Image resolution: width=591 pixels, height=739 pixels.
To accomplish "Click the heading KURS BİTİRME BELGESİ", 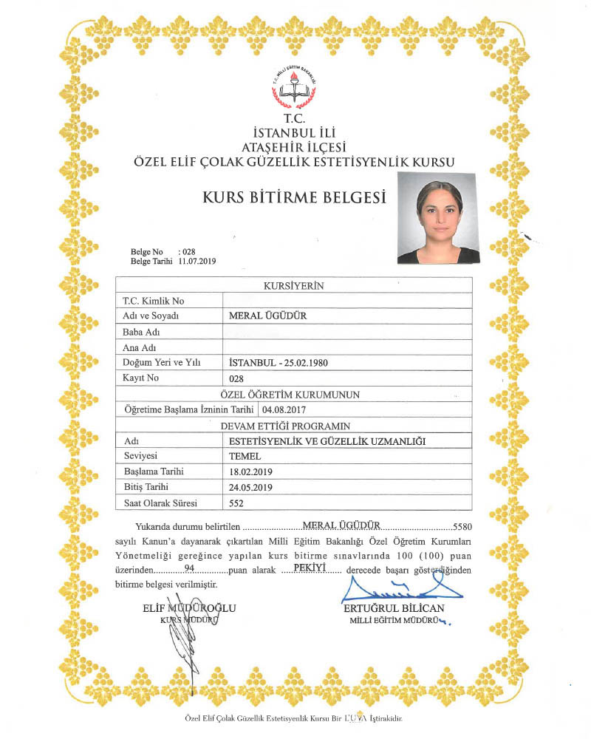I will (295, 197).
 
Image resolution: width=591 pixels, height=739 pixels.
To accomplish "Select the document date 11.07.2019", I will (196, 262).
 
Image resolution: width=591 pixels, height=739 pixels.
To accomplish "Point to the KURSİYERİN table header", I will (294, 285).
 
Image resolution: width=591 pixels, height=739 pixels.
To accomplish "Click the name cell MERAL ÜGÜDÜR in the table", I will (268, 316).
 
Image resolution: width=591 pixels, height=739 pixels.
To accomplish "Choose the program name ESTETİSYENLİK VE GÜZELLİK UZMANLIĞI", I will (329, 441).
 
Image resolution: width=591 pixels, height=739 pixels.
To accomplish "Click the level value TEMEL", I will (245, 457).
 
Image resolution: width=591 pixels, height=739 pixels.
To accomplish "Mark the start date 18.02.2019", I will (252, 472).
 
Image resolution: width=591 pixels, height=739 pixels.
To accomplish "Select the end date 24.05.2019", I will (252, 488).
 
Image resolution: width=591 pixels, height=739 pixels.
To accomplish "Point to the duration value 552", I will (237, 504).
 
